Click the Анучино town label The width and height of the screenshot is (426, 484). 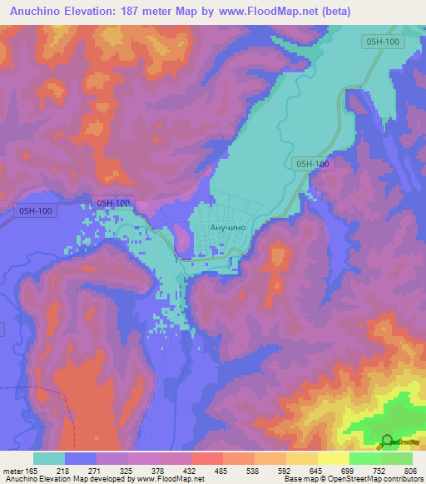pyautogui.click(x=219, y=225)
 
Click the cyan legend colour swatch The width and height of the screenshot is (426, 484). pyautogui.click(x=49, y=459)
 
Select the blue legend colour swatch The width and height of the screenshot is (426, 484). pyautogui.click(x=81, y=459)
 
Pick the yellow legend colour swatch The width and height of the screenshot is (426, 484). pyautogui.click(x=333, y=459)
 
